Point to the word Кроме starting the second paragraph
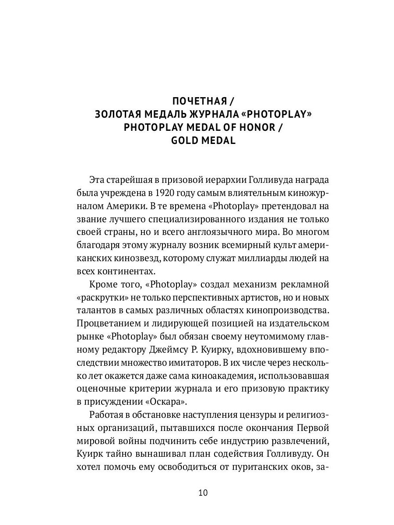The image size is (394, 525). coord(103,285)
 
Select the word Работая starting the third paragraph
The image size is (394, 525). coord(106,416)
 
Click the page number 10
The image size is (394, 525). coord(202,493)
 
